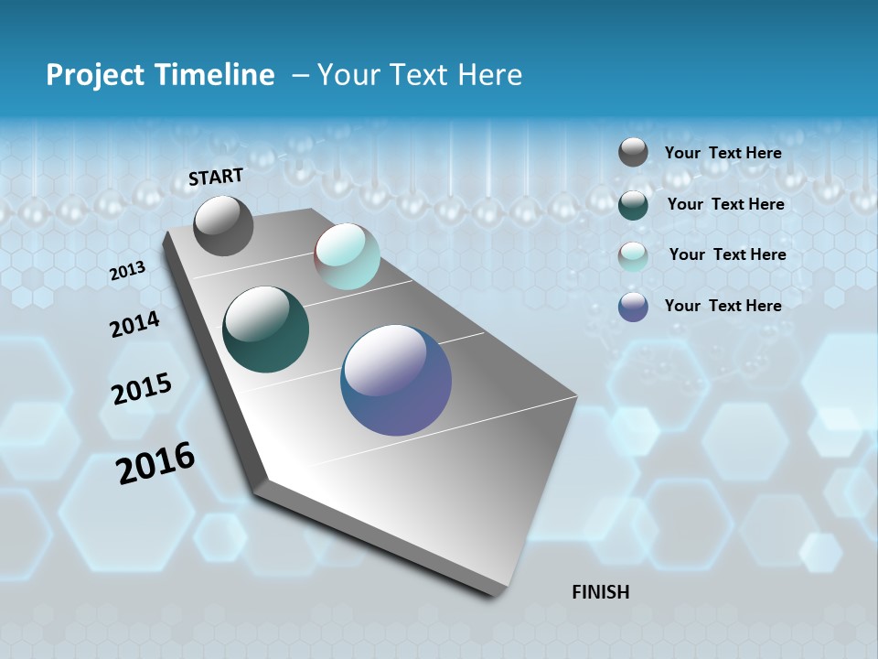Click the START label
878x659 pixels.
216,177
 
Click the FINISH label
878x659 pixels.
600,592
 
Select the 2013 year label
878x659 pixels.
127,271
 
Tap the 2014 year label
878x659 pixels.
134,324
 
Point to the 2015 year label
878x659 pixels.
141,389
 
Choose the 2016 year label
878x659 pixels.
155,462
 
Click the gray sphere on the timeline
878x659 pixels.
223,225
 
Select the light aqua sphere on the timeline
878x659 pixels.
347,256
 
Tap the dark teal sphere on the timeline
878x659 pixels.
265,329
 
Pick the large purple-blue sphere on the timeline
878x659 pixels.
396,380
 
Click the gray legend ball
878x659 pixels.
633,152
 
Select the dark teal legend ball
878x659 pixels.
633,204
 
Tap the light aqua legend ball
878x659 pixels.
633,255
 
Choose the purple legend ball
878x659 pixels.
633,307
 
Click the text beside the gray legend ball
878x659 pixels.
723,153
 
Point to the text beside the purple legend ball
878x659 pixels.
723,306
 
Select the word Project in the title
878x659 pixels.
96,75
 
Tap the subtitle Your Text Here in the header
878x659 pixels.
419,75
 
